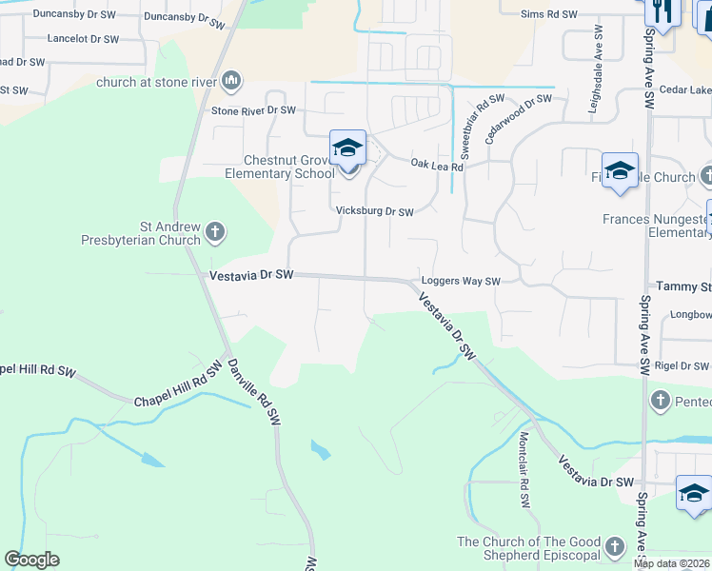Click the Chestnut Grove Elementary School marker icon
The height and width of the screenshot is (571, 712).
[x=347, y=149]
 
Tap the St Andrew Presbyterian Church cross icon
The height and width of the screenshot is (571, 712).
[x=216, y=231]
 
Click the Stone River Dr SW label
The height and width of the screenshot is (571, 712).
[x=254, y=110]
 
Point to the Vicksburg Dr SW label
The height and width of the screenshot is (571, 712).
[x=374, y=212]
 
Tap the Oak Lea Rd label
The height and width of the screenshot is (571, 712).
[x=437, y=166]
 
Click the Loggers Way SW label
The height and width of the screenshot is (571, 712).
[x=461, y=282]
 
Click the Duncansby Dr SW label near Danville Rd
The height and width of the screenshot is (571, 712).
[x=187, y=16]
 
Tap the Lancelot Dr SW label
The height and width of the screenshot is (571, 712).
[x=84, y=39]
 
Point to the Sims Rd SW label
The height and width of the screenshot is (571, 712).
[x=549, y=14]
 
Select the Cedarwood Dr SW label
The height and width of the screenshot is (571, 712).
[x=519, y=118]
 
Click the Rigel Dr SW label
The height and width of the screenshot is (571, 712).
[x=682, y=366]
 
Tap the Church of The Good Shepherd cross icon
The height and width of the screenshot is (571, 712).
[x=615, y=546]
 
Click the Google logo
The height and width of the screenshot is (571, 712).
[x=32, y=560]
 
